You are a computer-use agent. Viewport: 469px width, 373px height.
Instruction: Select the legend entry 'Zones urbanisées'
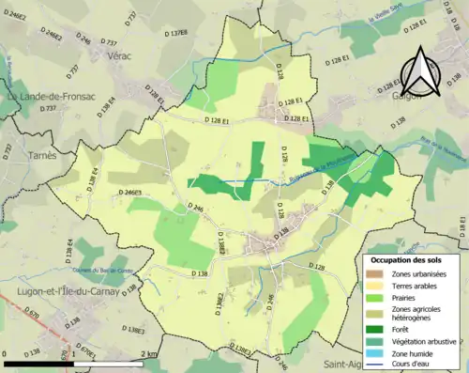416,272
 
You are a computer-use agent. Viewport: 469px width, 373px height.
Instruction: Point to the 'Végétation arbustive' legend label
422,340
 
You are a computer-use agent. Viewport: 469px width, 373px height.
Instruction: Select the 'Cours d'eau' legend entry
409,364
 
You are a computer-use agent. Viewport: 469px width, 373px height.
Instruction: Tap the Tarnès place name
42,155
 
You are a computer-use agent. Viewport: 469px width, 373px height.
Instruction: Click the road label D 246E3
129,193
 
